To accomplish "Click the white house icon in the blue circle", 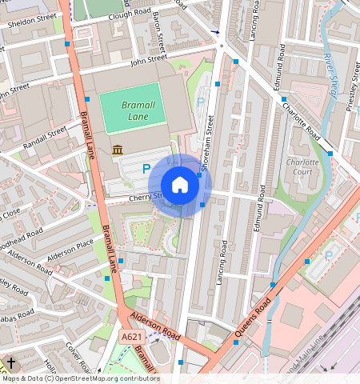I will pyautogui.click(x=180, y=186).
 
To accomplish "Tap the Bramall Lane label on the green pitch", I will pyautogui.click(x=130, y=110).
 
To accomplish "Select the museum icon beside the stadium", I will pyautogui.click(x=118, y=150).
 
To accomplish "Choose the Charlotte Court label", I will pyautogui.click(x=302, y=167).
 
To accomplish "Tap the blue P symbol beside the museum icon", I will pyautogui.click(x=146, y=169).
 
